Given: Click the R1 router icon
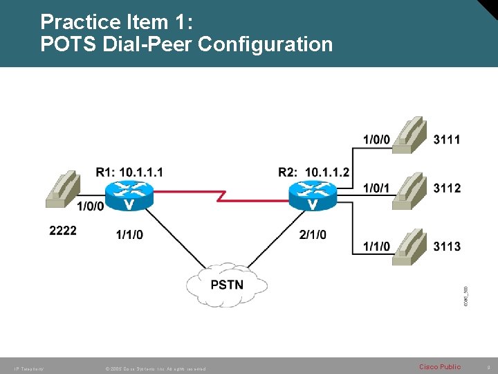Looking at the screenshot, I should click(130, 195).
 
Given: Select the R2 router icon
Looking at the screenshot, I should click(313, 195).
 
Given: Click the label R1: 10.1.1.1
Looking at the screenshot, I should click(130, 172).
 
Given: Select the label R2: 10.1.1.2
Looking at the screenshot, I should click(314, 172).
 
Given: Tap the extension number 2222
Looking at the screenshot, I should click(63, 230).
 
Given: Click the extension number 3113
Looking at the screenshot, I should click(447, 246).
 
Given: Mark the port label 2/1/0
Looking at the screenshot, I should click(313, 235).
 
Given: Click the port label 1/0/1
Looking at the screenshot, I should click(376, 188).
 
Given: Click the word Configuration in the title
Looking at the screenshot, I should click(266, 44).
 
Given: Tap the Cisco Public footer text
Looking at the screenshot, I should click(440, 366).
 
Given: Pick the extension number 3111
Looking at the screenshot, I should click(447, 139).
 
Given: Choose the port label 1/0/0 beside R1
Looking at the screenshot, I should click(90, 206).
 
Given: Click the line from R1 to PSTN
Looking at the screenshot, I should click(172, 242).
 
